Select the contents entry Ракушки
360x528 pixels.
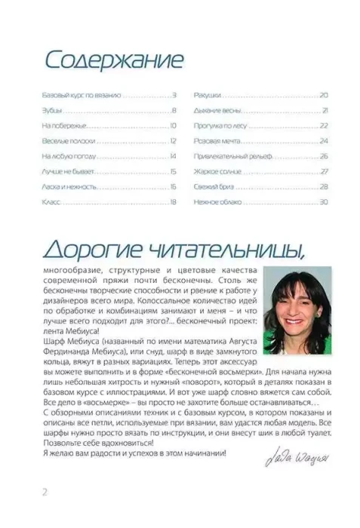tap(207, 96)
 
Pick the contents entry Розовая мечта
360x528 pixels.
tap(214, 141)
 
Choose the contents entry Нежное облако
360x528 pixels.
tap(216, 201)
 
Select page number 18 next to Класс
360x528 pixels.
tap(173, 201)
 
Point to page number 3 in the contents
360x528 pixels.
tap(174, 96)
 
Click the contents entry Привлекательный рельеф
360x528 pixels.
tap(226, 156)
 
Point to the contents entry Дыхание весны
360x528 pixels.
tap(215, 111)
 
